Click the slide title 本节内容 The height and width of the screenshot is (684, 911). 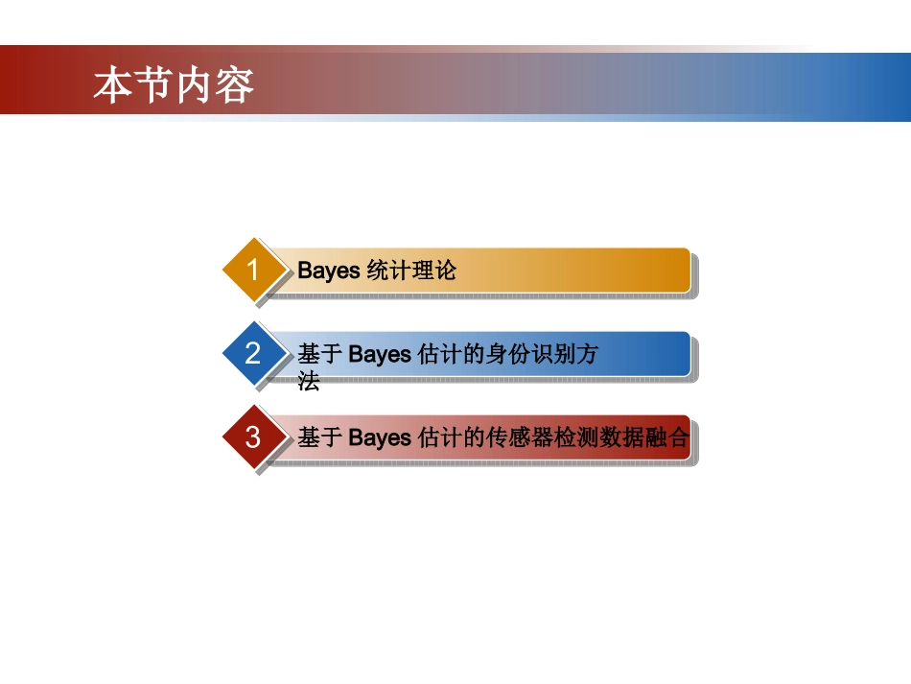tap(174, 84)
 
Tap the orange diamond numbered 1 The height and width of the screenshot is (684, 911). tap(253, 271)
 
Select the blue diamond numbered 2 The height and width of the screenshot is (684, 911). tap(253, 354)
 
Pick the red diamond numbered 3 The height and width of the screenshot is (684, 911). tap(253, 437)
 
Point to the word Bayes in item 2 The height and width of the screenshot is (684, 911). tap(380, 355)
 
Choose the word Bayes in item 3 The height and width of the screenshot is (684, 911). tap(380, 438)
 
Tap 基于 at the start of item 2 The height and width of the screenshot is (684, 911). tap(319, 355)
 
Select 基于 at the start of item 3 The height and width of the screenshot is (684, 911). tap(319, 438)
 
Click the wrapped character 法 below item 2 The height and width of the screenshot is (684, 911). tap(308, 382)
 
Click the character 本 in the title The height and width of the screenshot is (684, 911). tap(113, 84)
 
